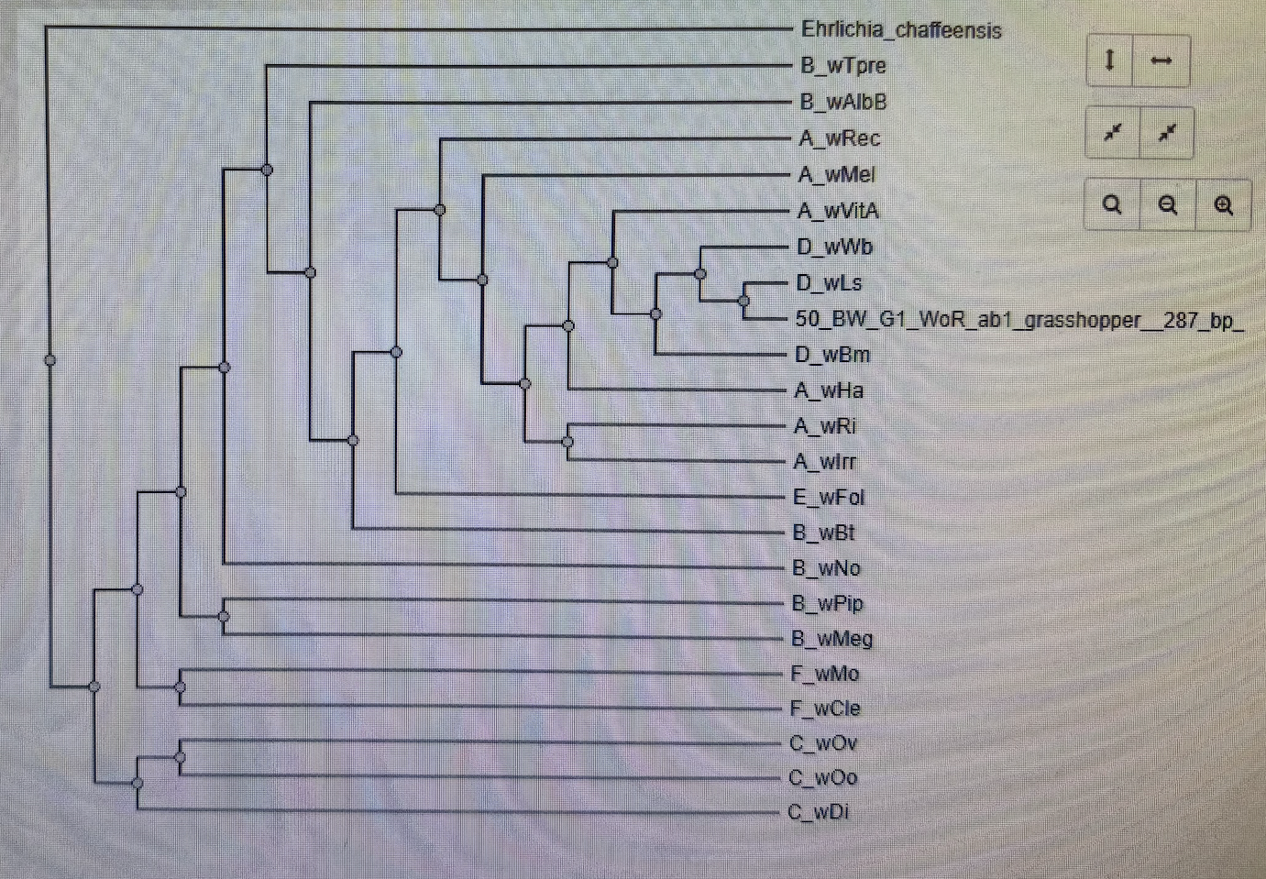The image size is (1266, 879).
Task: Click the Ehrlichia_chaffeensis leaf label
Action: pyautogui.click(x=901, y=30)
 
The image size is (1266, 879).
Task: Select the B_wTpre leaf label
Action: pyautogui.click(x=843, y=66)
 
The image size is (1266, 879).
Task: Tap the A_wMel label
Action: pyautogui.click(x=837, y=175)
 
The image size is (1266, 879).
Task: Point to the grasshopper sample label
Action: pyautogui.click(x=1018, y=320)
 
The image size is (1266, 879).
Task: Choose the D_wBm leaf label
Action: pyautogui.click(x=832, y=355)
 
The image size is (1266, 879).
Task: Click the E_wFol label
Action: pyautogui.click(x=829, y=498)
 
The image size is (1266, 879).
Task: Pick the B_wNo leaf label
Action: pyautogui.click(x=826, y=568)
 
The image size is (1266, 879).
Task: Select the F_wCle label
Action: pyautogui.click(x=825, y=709)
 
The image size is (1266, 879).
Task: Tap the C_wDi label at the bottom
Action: pyautogui.click(x=819, y=812)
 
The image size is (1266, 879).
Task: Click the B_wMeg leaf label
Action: pyautogui.click(x=831, y=639)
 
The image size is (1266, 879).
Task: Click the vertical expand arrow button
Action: pyautogui.click(x=1110, y=61)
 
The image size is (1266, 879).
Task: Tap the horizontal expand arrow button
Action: pyautogui.click(x=1161, y=61)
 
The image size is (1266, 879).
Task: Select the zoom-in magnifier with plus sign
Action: pyautogui.click(x=1223, y=205)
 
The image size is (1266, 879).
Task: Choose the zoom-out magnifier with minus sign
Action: pyautogui.click(x=1167, y=205)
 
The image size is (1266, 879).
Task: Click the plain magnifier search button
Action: pyautogui.click(x=1112, y=204)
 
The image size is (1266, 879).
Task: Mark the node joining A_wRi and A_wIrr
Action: pyautogui.click(x=568, y=442)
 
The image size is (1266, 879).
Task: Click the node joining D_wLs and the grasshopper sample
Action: pyautogui.click(x=743, y=301)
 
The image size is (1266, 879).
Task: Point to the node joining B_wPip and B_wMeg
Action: pyautogui.click(x=224, y=617)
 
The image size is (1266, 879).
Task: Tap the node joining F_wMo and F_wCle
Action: pyautogui.click(x=181, y=687)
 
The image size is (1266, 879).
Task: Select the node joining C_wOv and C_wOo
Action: pyautogui.click(x=180, y=758)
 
